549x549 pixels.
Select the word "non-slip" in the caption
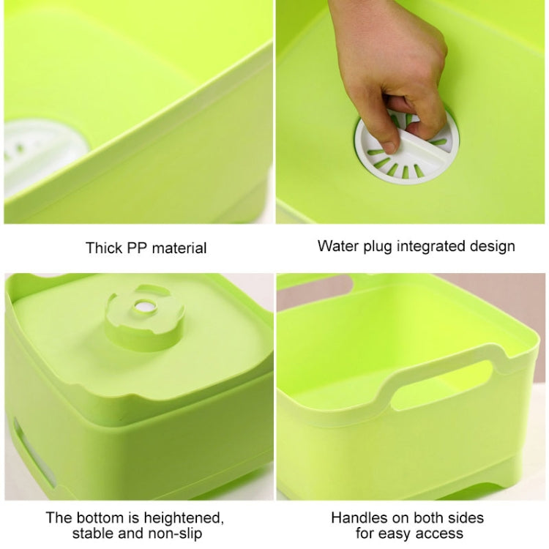(x=174, y=534)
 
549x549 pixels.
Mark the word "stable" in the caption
(x=93, y=534)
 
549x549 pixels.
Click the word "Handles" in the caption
(x=358, y=518)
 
